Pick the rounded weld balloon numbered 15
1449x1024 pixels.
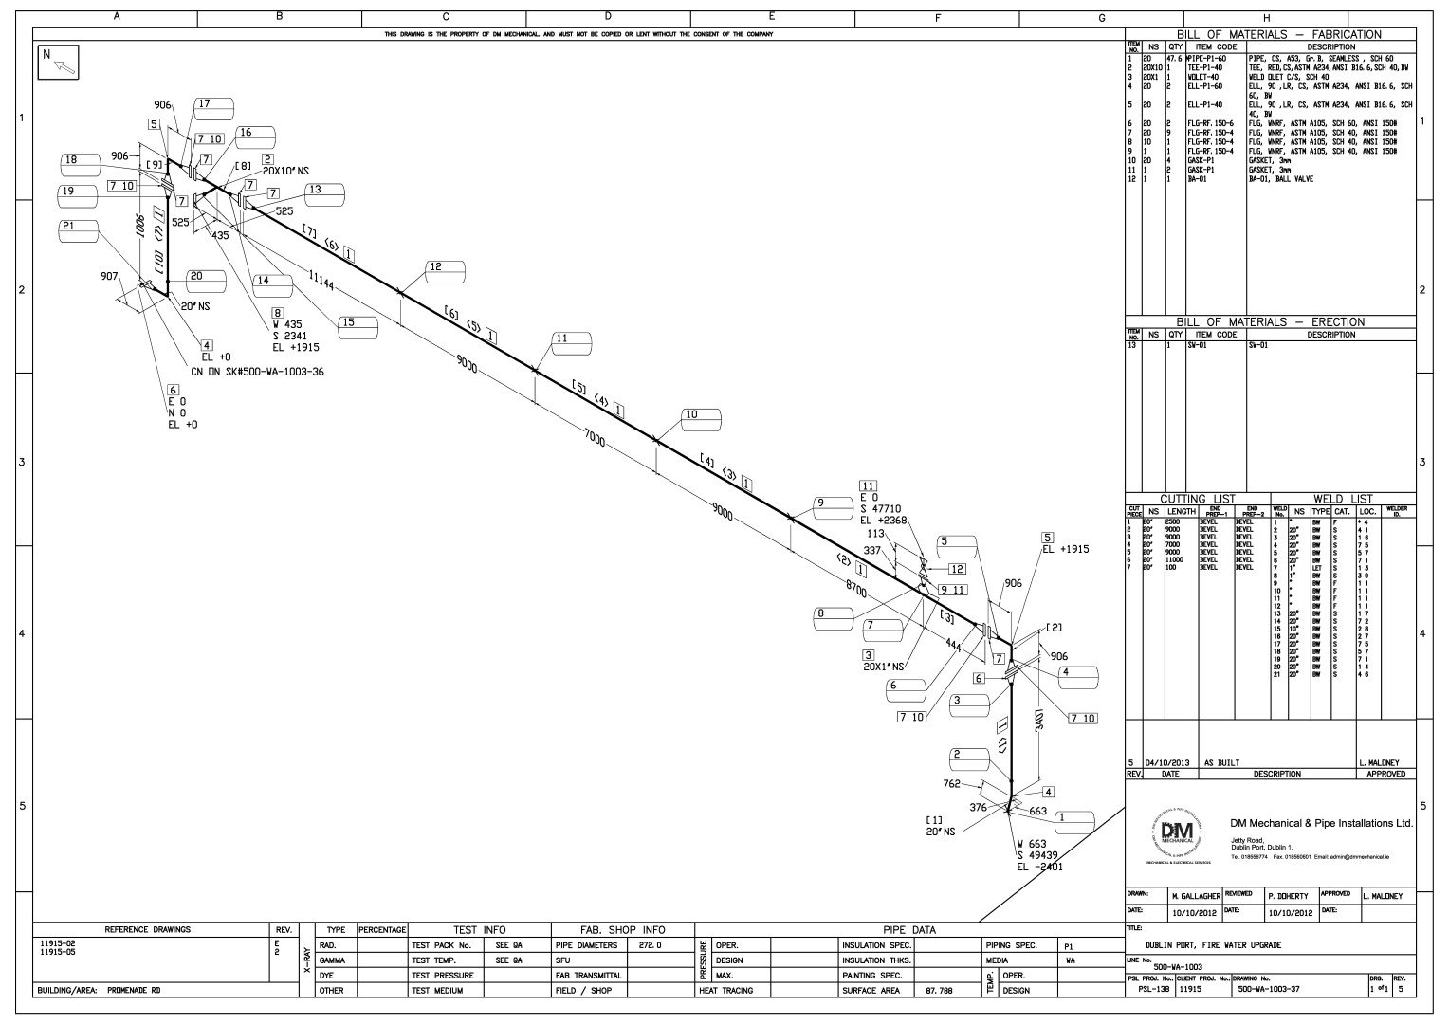(x=358, y=324)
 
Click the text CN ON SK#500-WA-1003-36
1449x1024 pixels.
(x=257, y=373)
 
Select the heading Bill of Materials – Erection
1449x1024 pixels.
(x=1271, y=322)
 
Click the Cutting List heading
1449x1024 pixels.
(x=1198, y=499)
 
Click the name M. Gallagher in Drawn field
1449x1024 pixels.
(x=1195, y=896)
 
